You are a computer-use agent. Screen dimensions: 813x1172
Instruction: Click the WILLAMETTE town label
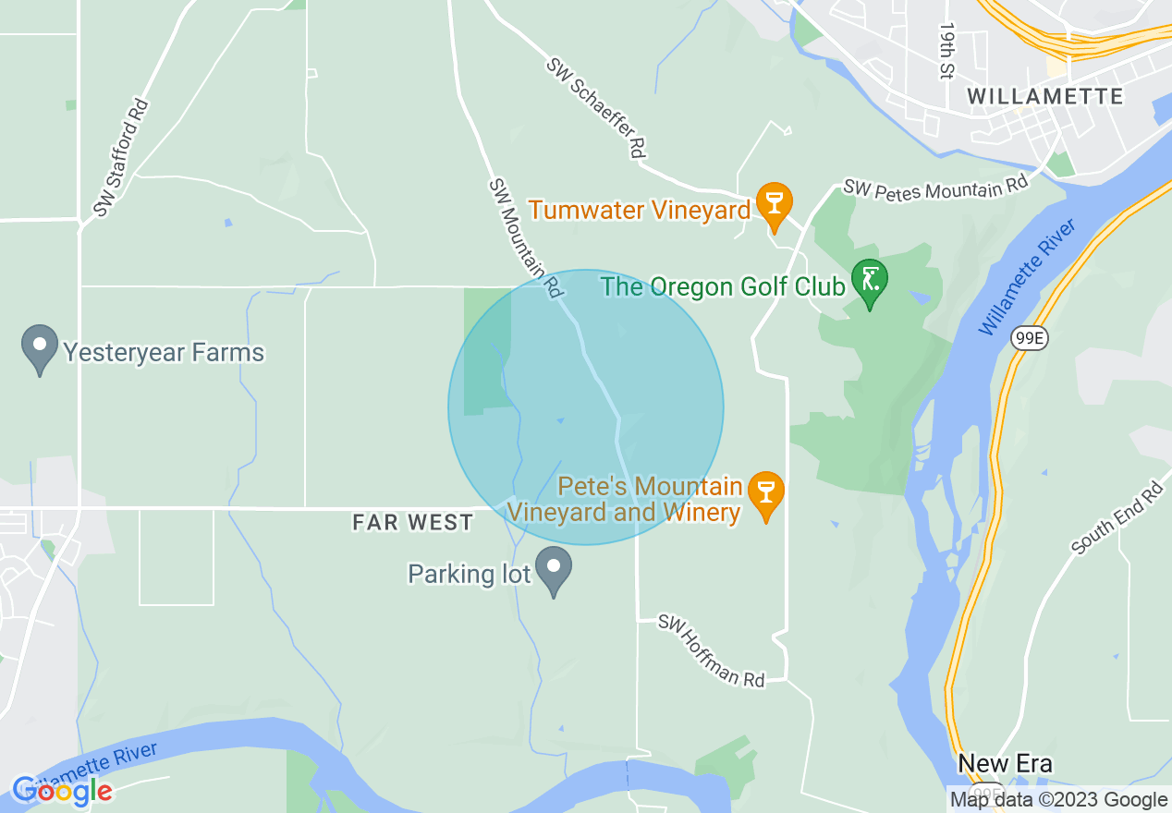click(x=1045, y=96)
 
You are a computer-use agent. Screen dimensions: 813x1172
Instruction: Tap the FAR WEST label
click(x=412, y=523)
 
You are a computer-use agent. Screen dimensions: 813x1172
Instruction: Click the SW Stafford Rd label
click(x=121, y=158)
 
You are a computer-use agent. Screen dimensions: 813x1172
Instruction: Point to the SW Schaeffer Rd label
click(x=595, y=107)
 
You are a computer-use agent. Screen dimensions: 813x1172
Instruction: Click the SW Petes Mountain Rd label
click(x=935, y=187)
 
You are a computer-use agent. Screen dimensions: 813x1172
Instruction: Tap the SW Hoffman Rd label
click(x=712, y=651)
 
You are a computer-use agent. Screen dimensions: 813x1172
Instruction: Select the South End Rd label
click(x=1117, y=518)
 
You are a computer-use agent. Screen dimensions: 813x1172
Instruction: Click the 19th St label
click(x=946, y=52)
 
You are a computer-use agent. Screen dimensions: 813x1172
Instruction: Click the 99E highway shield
click(x=1029, y=339)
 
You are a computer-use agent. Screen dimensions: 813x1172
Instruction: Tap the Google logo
click(x=62, y=791)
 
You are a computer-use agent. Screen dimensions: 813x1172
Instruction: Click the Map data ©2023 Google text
click(x=1059, y=800)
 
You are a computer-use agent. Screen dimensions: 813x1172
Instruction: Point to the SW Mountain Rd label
click(x=525, y=237)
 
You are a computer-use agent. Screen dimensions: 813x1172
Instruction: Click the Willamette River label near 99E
click(x=1028, y=277)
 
